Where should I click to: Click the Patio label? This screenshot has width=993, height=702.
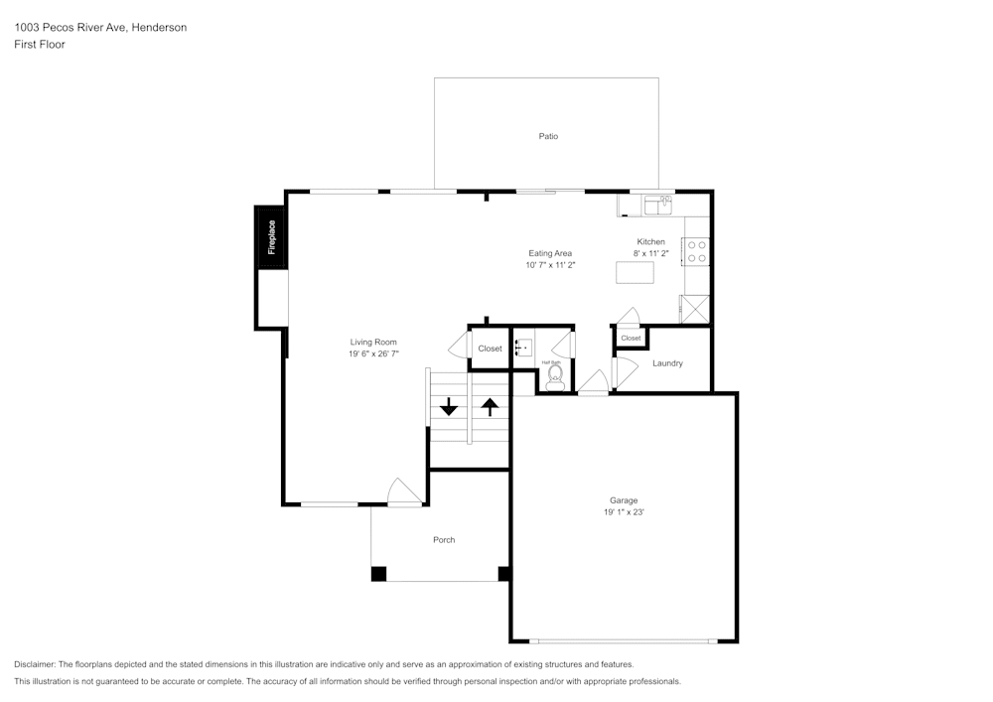click(x=548, y=136)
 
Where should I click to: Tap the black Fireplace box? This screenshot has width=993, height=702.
click(x=270, y=237)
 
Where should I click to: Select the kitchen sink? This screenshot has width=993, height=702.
click(x=657, y=206)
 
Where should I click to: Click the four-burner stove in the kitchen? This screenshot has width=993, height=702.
click(x=696, y=251)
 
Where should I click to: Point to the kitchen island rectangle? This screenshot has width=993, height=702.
click(x=635, y=271)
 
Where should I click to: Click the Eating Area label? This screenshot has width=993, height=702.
click(x=550, y=253)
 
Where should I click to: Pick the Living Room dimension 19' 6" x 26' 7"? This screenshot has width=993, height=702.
click(x=373, y=354)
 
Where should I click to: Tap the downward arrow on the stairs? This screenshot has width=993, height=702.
click(x=449, y=406)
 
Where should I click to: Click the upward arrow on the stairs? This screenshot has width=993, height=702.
click(x=489, y=406)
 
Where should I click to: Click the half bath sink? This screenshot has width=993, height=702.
click(x=523, y=348)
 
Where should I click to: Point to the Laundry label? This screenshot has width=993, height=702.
click(x=667, y=363)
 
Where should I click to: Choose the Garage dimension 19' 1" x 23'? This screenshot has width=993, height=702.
click(x=624, y=512)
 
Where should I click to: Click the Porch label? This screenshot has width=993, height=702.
click(x=444, y=540)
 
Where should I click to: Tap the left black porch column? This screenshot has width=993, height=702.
click(x=378, y=573)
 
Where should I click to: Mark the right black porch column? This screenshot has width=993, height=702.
click(x=503, y=573)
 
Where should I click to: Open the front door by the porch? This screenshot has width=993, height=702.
click(x=404, y=493)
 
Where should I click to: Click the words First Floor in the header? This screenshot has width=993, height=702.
click(x=40, y=45)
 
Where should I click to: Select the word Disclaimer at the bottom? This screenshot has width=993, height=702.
click(x=35, y=664)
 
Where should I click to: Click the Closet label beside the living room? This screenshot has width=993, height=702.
click(x=490, y=349)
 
